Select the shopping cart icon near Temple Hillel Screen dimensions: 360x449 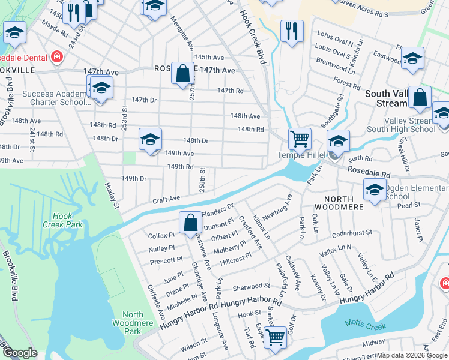coord(300,139)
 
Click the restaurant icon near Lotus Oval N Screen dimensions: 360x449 coord(292,31)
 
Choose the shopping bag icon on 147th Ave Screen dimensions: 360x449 coord(182,74)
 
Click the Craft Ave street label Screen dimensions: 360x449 coord(166,199)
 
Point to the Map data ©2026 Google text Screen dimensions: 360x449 coord(412,355)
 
